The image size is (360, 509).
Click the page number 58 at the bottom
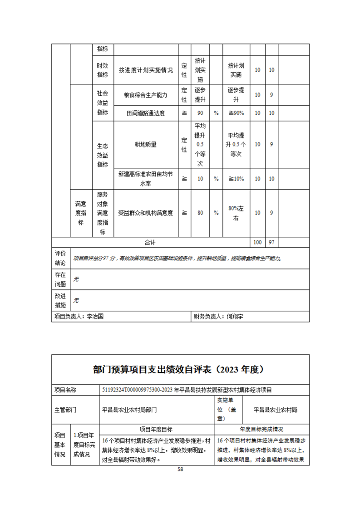(x=180, y=470)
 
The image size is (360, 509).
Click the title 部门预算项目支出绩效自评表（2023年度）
(x=180, y=370)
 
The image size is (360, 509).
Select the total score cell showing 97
(x=271, y=243)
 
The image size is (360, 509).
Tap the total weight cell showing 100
(x=257, y=243)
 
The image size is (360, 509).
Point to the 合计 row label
(x=150, y=243)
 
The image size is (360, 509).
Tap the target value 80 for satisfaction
(x=200, y=212)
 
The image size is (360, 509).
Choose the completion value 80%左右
(x=236, y=212)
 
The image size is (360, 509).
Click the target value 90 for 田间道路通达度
(x=200, y=113)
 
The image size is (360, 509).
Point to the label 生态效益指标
(x=103, y=155)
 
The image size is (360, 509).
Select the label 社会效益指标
(x=103, y=102)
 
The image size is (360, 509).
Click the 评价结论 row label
(x=60, y=258)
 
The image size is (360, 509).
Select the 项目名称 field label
(x=65, y=390)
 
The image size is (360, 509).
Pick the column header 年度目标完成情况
(x=261, y=429)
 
